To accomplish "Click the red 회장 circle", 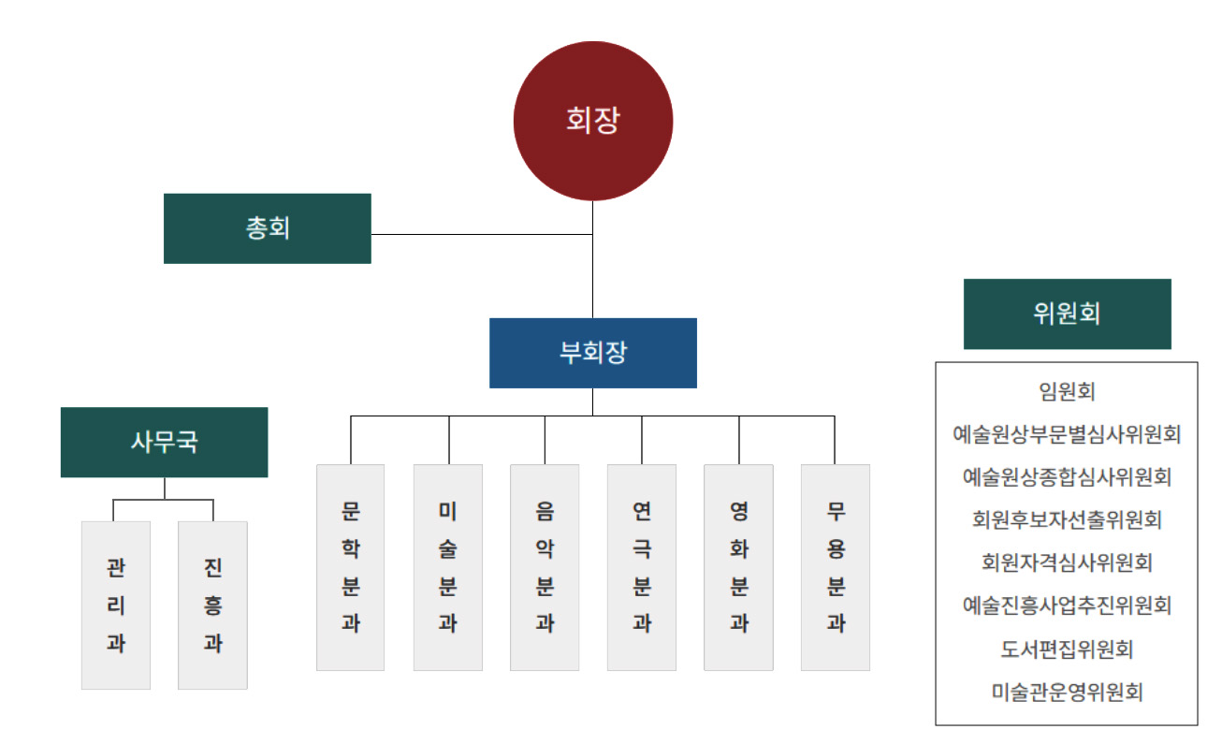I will point(593,121).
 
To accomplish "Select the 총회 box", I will point(268,228).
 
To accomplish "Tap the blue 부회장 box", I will point(593,353).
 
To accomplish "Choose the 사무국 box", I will point(165,442).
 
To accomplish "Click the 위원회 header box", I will point(1067,314).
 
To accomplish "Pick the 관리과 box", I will point(116,605).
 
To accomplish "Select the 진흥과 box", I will point(212,605).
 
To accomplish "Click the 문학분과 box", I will point(351,567).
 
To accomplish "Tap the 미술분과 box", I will point(448,567).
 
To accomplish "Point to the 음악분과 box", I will point(545,567).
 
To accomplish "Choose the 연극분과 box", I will point(642,567).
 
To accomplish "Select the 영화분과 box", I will point(738,567).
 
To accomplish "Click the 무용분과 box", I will point(836,567).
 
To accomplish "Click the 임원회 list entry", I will point(1067,391).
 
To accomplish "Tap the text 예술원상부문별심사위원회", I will point(1067,434).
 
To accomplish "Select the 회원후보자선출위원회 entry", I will point(1067,519).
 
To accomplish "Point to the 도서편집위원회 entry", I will point(1067,649).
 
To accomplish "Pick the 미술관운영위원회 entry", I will point(1067,693).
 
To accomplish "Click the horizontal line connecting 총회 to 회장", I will point(482,233).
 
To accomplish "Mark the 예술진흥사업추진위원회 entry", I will point(1067,605).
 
